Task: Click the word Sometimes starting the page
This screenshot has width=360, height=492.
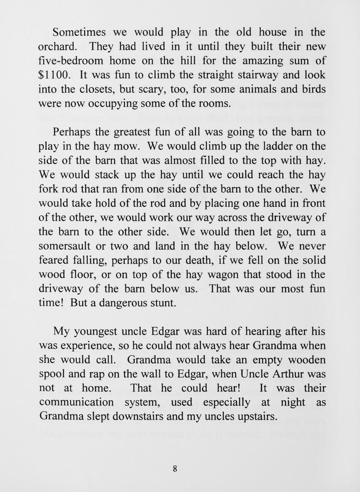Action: [x=79, y=32]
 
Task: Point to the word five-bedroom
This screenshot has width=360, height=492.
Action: [x=71, y=61]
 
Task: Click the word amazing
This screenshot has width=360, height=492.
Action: [x=263, y=61]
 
